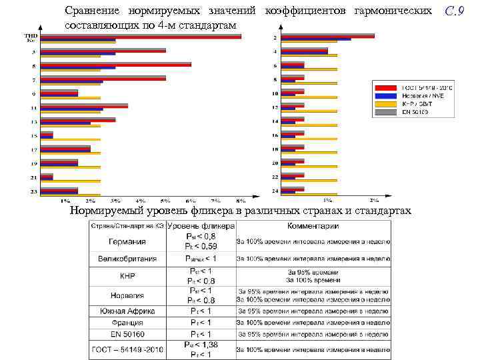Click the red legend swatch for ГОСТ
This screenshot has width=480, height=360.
386,88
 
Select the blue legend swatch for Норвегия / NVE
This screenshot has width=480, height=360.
386,96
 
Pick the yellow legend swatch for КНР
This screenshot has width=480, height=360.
386,104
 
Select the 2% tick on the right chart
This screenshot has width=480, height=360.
374,199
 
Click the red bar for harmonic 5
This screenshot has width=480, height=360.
116,65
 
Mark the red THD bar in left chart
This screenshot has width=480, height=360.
141,37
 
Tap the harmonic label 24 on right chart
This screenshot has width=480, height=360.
275,191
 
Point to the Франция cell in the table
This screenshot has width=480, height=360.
128,323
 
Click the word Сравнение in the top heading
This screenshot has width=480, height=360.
94,11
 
